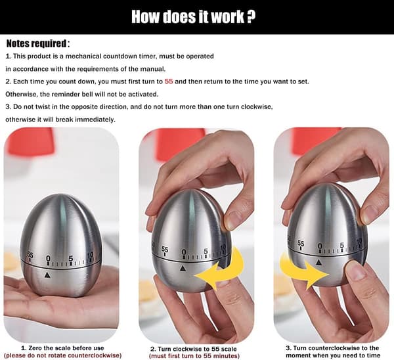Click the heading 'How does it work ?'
click(193, 17)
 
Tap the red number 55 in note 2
click(169, 81)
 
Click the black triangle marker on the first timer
click(47, 275)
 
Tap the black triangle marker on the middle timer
click(183, 269)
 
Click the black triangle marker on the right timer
click(319, 263)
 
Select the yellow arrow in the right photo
click(303, 271)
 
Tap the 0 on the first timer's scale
click(48, 258)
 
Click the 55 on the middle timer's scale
click(165, 250)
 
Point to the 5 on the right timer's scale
click(341, 245)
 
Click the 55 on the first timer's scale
click(30, 255)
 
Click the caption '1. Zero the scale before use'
click(62, 348)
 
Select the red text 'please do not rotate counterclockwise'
click(63, 355)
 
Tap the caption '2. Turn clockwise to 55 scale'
click(194, 349)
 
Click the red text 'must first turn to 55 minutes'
click(194, 356)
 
